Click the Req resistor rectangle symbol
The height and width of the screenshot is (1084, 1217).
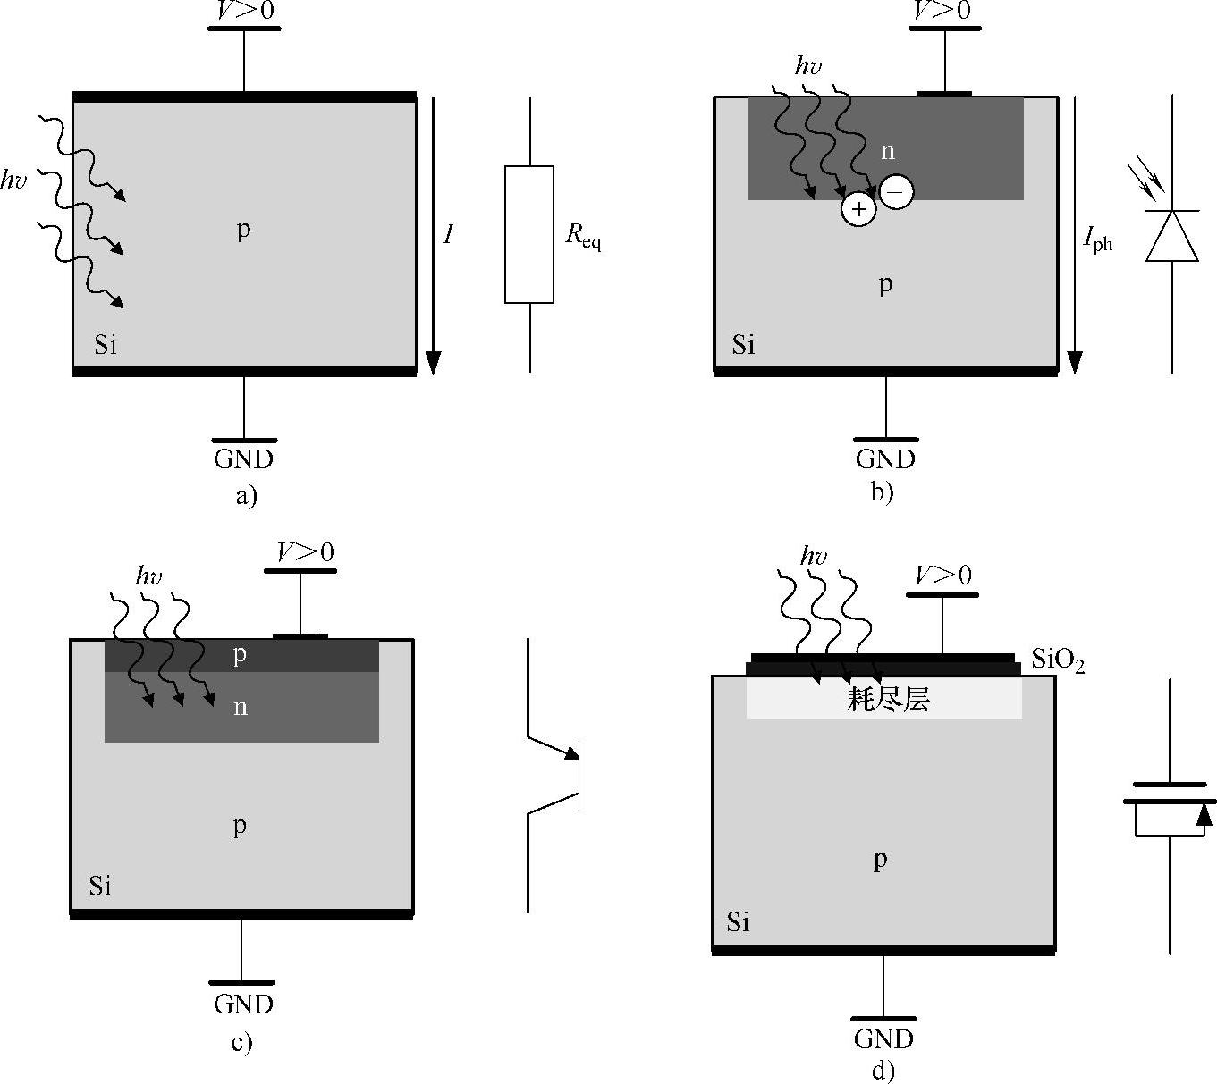[x=529, y=234]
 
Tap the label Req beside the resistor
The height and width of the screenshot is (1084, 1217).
[x=583, y=236]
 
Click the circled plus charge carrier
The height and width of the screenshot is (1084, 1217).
[x=858, y=209]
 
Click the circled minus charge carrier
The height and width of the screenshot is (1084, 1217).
[x=897, y=190]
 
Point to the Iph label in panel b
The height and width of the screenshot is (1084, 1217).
[x=1097, y=239]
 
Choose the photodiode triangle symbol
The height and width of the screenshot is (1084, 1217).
[x=1172, y=237]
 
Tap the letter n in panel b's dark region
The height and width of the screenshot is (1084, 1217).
[x=887, y=151]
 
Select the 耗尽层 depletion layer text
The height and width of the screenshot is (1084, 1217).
[x=888, y=699]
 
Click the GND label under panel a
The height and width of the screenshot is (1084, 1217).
[x=243, y=459]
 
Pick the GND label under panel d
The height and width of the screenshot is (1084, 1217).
[x=883, y=1039]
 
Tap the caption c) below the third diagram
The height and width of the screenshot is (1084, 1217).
[x=241, y=1042]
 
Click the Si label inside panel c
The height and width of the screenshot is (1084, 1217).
[x=100, y=886]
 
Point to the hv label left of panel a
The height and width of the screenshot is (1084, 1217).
[x=13, y=181]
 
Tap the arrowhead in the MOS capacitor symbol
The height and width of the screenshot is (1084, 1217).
[x=1204, y=814]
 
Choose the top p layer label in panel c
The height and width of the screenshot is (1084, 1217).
[x=240, y=656]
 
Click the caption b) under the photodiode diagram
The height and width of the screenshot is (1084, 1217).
[x=883, y=491]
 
